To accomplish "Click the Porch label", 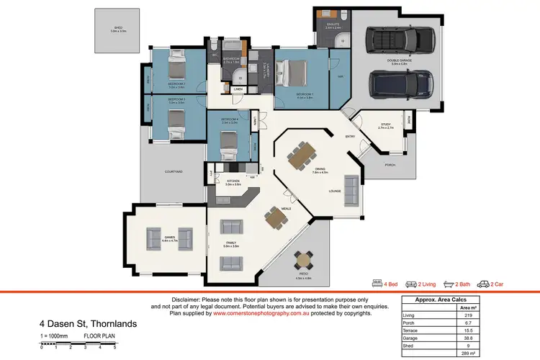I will (x=390, y=165).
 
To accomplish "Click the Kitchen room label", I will (x=233, y=181).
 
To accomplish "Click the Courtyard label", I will (x=174, y=171).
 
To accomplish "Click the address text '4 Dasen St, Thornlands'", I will (x=87, y=324).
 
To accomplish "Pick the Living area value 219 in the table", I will (x=468, y=315).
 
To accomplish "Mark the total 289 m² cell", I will (x=468, y=354).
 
